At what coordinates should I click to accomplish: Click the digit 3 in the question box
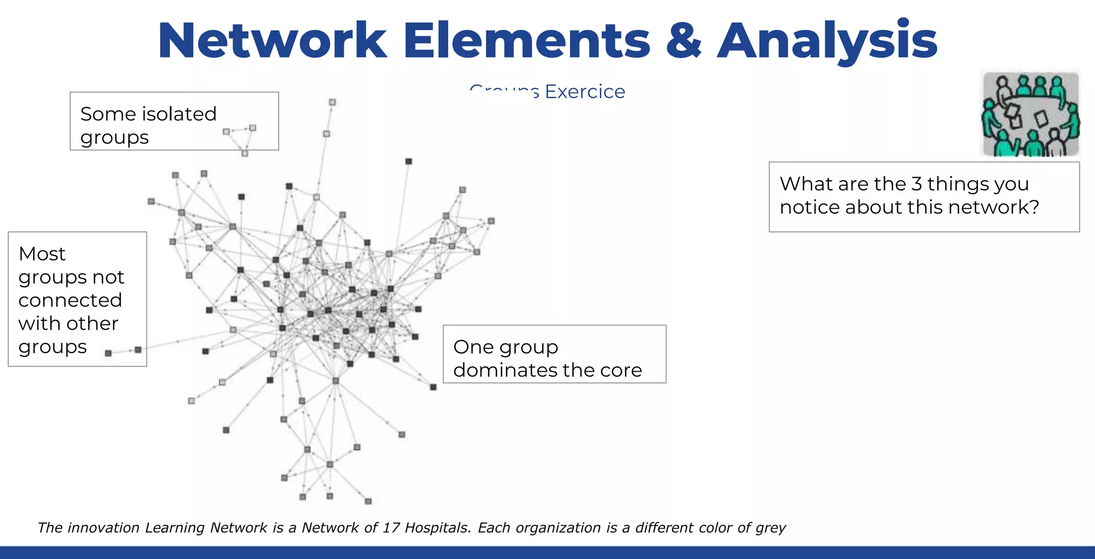916,184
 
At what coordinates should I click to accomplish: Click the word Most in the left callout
42,254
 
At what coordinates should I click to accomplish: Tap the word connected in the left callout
70,300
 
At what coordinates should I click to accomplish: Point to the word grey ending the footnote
770,529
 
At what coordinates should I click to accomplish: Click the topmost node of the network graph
332,102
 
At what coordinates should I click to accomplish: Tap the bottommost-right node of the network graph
368,501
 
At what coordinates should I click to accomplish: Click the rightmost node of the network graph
491,221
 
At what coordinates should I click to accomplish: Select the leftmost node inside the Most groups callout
109,353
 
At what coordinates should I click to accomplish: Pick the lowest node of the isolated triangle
244,154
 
